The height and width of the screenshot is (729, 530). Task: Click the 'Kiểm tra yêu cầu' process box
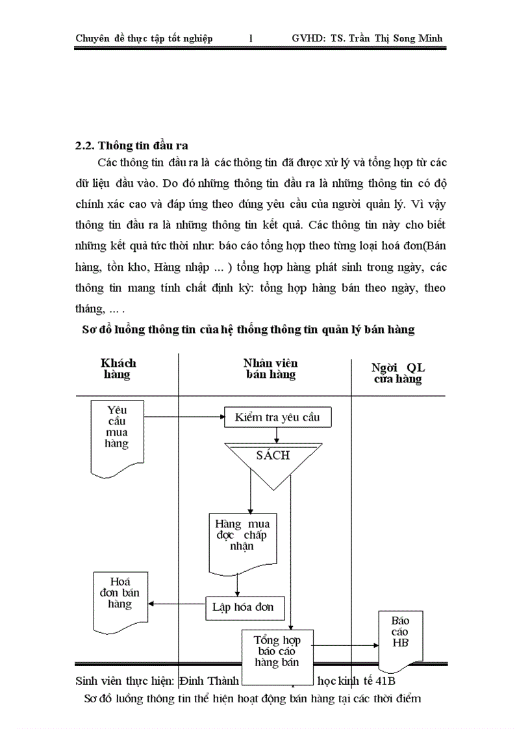click(x=277, y=417)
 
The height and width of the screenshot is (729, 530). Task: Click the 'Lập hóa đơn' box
click(x=239, y=608)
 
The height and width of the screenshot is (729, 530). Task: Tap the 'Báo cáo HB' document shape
click(x=401, y=636)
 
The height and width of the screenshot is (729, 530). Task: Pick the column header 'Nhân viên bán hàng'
click(x=270, y=369)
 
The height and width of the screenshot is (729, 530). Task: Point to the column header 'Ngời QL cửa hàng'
click(x=397, y=373)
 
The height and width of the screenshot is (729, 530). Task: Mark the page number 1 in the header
click(x=251, y=38)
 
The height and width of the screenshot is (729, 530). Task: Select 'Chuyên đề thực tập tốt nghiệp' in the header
click(x=144, y=38)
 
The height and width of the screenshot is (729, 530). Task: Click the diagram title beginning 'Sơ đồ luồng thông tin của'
click(x=247, y=330)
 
